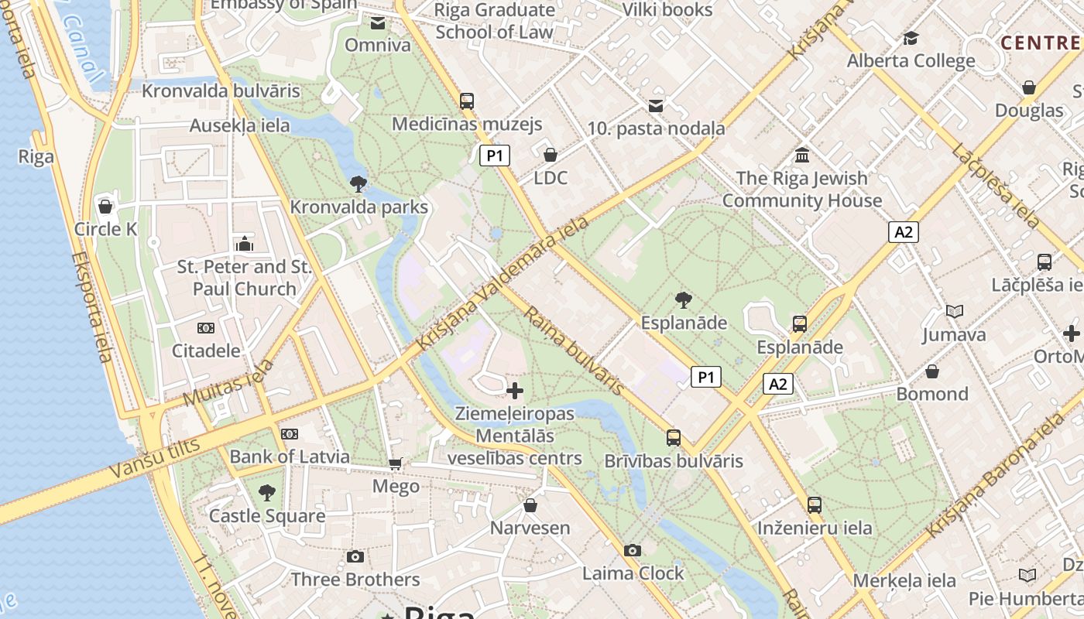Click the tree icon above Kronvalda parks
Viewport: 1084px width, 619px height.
click(x=358, y=184)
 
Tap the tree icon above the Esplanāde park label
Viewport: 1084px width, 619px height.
click(x=683, y=299)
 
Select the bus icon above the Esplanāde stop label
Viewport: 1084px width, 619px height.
click(x=800, y=324)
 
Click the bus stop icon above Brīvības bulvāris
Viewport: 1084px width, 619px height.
click(x=674, y=438)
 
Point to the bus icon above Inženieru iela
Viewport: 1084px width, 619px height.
click(x=814, y=505)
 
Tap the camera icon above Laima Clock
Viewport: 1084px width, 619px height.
click(x=633, y=550)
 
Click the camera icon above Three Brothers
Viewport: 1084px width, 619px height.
click(x=355, y=556)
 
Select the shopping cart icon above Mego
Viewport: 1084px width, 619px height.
click(x=396, y=463)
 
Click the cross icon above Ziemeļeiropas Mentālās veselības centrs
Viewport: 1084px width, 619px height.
click(x=515, y=391)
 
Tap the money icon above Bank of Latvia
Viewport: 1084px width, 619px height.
click(x=290, y=434)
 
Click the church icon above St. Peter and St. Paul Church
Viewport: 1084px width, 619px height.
click(x=245, y=245)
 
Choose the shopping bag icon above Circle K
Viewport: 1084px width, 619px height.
click(x=105, y=207)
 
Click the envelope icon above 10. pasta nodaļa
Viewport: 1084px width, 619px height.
click(x=656, y=106)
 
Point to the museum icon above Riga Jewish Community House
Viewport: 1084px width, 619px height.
click(x=802, y=156)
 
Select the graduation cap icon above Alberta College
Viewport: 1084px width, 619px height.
click(x=911, y=38)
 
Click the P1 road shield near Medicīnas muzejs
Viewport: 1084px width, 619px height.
click(x=495, y=156)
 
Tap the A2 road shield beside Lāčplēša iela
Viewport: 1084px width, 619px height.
click(x=903, y=231)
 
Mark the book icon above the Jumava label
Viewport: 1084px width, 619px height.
click(x=954, y=312)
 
